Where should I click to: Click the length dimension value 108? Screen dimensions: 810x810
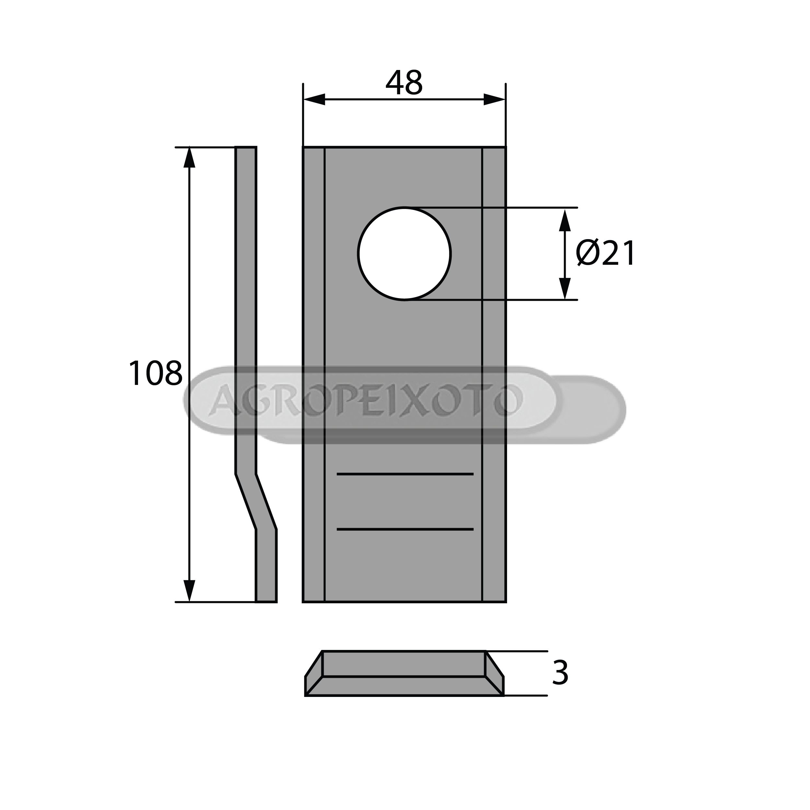point(155,373)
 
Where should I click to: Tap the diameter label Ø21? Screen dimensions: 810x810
point(606,254)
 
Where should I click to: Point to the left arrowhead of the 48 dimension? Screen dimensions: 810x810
point(314,100)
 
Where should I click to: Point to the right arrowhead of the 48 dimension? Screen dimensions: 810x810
point(495,100)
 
